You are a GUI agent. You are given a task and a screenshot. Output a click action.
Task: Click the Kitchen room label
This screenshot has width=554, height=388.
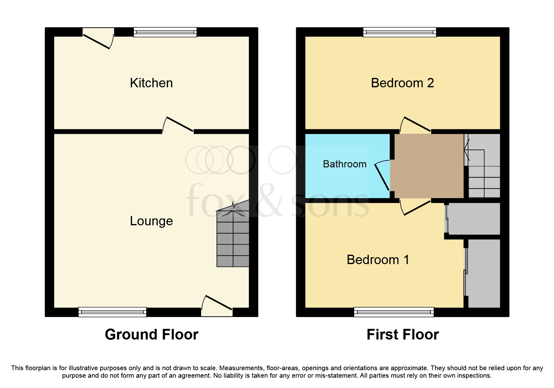[x=151, y=83]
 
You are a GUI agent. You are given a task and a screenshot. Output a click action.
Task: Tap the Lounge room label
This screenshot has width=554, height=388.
[x=151, y=221]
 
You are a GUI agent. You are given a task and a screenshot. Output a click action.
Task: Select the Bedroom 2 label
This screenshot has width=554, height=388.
[x=402, y=83]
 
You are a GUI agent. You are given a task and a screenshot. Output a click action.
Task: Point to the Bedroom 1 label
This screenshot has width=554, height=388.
[x=378, y=260]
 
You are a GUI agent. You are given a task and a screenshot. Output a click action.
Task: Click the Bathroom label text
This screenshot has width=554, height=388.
[x=344, y=164]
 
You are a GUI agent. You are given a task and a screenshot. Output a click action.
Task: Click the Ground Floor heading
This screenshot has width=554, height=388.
[x=152, y=334]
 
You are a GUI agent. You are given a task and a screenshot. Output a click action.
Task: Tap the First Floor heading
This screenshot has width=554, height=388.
[x=403, y=334]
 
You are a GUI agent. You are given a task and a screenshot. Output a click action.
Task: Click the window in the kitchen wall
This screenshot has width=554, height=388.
[x=165, y=32]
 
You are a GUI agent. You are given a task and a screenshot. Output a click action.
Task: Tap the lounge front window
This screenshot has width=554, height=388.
[x=112, y=312]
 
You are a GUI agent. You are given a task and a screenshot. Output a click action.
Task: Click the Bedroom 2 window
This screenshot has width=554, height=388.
[x=399, y=32]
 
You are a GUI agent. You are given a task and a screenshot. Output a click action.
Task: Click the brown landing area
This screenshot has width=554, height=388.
[x=429, y=166]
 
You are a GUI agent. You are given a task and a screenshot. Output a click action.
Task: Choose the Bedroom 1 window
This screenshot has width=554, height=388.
[x=394, y=312]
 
